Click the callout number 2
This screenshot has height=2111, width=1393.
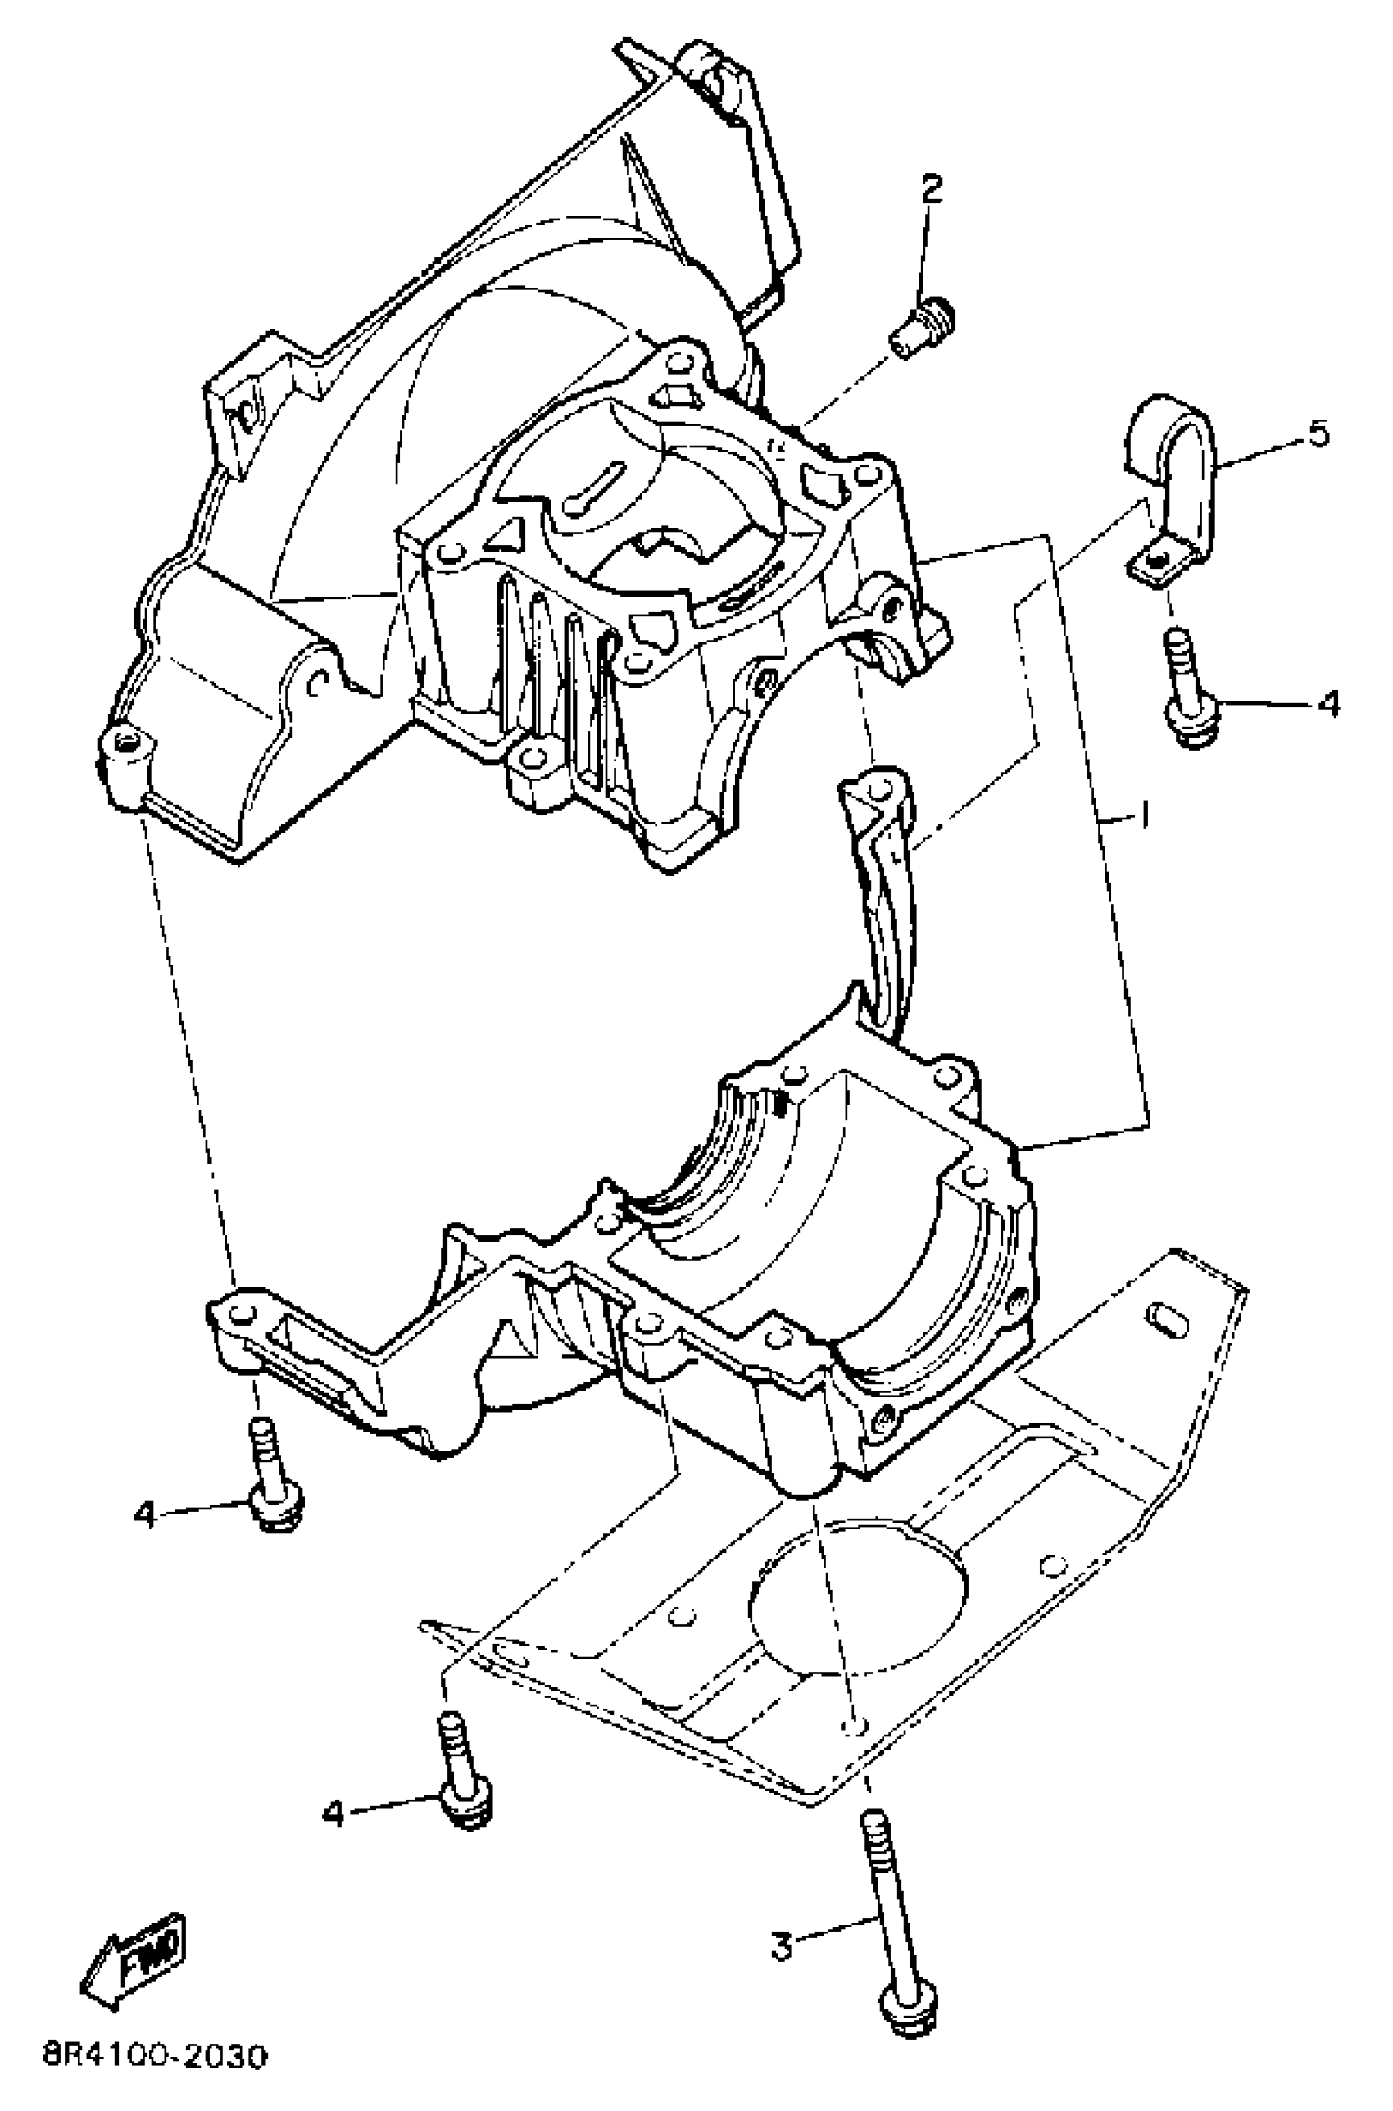coord(931,188)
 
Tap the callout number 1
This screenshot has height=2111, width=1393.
coord(1146,814)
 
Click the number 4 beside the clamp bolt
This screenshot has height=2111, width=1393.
coord(1327,703)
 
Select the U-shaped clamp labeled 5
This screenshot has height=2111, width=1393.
coord(1171,479)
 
